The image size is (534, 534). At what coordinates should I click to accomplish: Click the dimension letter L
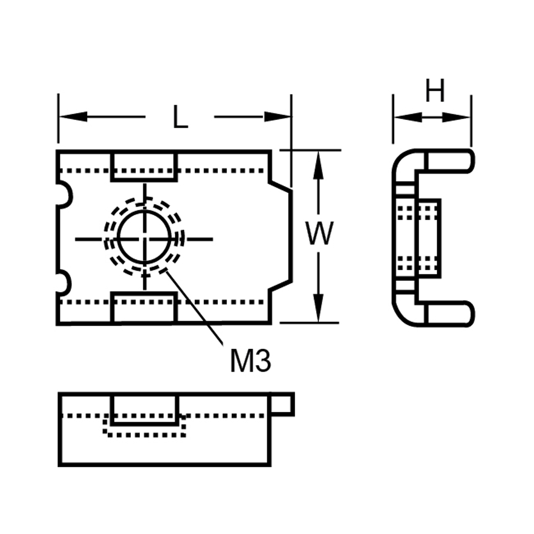[180, 117]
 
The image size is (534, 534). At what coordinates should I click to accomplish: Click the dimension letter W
[319, 235]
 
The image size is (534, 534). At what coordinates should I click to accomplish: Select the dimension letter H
[435, 92]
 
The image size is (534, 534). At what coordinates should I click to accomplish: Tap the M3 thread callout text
[250, 362]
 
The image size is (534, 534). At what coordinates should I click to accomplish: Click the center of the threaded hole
[145, 238]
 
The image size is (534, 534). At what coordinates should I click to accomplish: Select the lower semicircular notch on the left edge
[62, 282]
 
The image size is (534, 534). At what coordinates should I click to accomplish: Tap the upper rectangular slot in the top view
[144, 166]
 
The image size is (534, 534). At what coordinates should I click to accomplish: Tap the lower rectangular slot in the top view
[144, 308]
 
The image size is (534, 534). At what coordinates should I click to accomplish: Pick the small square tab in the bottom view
[283, 404]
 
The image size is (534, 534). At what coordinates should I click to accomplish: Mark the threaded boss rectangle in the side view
[428, 238]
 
